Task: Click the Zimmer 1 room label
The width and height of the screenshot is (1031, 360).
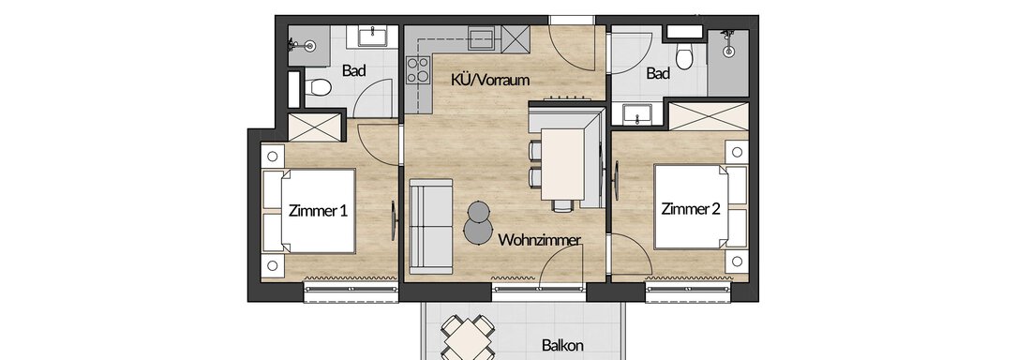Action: [x=318, y=211]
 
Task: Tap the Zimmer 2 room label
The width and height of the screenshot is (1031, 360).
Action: [x=691, y=210]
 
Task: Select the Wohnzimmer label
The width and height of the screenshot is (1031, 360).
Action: [x=539, y=240]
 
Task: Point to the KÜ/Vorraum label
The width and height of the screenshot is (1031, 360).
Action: [x=490, y=81]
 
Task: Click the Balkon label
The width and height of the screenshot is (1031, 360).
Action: [x=563, y=345]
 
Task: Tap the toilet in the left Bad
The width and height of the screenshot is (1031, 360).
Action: [x=318, y=87]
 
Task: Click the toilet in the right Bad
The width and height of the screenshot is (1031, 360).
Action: [x=684, y=57]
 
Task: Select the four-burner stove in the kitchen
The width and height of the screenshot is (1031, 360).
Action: [x=417, y=69]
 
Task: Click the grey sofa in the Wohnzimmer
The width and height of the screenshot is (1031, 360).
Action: [x=431, y=225]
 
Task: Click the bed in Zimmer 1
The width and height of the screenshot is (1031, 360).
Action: [x=309, y=211]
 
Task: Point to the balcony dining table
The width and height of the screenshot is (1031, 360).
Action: [x=468, y=339]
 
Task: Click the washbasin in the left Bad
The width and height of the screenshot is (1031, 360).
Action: [x=377, y=37]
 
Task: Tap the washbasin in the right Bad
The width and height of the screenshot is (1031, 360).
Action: [x=636, y=115]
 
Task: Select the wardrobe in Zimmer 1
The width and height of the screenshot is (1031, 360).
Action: [x=314, y=127]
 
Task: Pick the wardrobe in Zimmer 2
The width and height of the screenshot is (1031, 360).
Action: [x=709, y=116]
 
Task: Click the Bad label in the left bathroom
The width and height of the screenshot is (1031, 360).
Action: [x=353, y=71]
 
